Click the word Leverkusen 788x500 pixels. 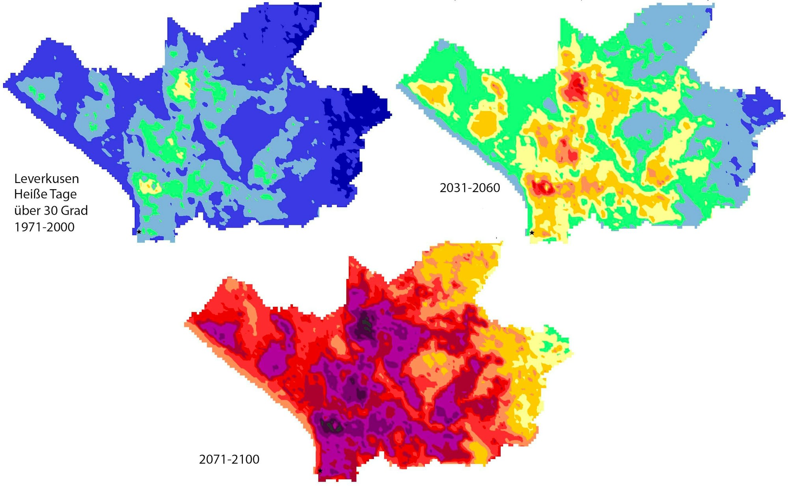tap(47, 179)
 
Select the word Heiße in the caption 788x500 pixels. tap(29, 194)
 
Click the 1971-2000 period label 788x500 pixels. tap(44, 227)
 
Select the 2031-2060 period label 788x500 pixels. tap(469, 188)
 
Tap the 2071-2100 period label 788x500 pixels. tap(229, 459)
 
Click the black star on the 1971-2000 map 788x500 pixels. tap(139, 232)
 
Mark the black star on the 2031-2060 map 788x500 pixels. tap(532, 233)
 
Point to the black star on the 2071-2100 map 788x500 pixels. tap(320, 471)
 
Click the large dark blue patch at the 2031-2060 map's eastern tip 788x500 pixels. tap(765, 106)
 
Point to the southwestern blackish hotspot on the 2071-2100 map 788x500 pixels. tap(331, 426)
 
